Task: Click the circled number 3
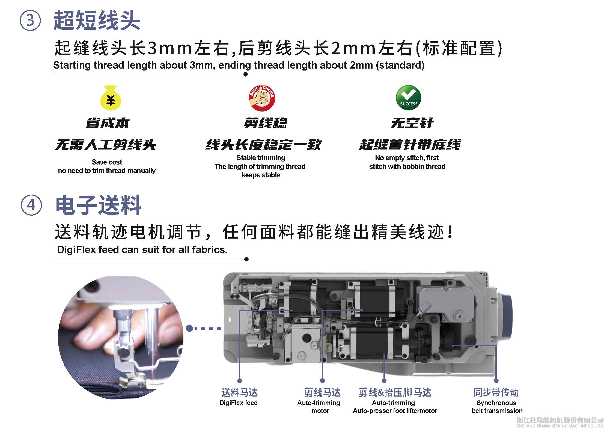(x=30, y=20)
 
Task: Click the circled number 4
(x=31, y=205)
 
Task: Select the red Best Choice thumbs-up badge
(x=262, y=98)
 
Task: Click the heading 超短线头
(x=97, y=20)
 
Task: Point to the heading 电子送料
(x=98, y=205)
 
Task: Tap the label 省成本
(x=108, y=123)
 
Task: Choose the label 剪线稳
(x=266, y=123)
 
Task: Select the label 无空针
(x=412, y=123)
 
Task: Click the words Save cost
(x=107, y=162)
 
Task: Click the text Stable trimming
(x=261, y=158)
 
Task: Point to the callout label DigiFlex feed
(x=239, y=403)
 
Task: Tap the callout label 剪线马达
(x=323, y=392)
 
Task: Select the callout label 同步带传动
(x=496, y=392)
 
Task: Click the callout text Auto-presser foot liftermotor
(x=395, y=411)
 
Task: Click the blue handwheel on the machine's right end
(x=507, y=317)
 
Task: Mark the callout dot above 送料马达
(x=240, y=380)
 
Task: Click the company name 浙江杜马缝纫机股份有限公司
(x=560, y=420)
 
